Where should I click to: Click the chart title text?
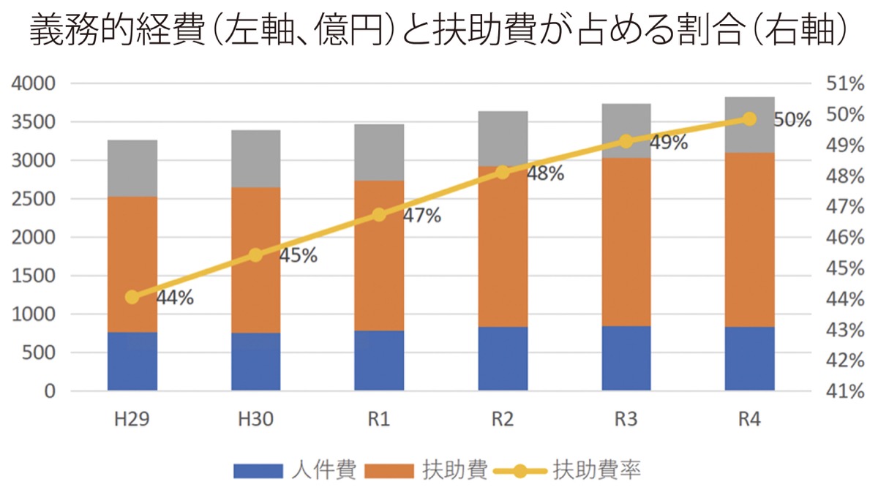click(438, 33)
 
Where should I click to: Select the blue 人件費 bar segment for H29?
click(132, 361)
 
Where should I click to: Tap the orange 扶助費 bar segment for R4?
click(750, 239)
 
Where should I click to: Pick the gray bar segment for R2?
click(503, 138)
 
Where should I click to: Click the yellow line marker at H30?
click(255, 255)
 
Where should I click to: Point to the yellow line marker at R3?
click(626, 141)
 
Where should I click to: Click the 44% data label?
click(174, 298)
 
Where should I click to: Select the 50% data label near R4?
click(792, 120)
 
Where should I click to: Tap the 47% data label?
click(421, 216)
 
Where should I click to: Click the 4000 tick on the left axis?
click(33, 84)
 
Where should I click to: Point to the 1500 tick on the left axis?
click(33, 276)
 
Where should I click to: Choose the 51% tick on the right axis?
click(845, 84)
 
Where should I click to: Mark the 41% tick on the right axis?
click(845, 391)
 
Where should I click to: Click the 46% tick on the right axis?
click(845, 238)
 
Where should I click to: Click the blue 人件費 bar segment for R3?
click(626, 358)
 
